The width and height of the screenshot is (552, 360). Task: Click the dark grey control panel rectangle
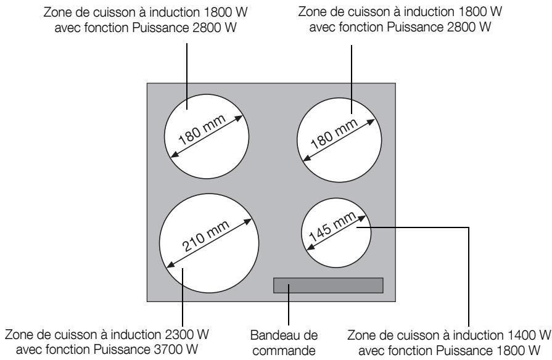click(328, 285)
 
